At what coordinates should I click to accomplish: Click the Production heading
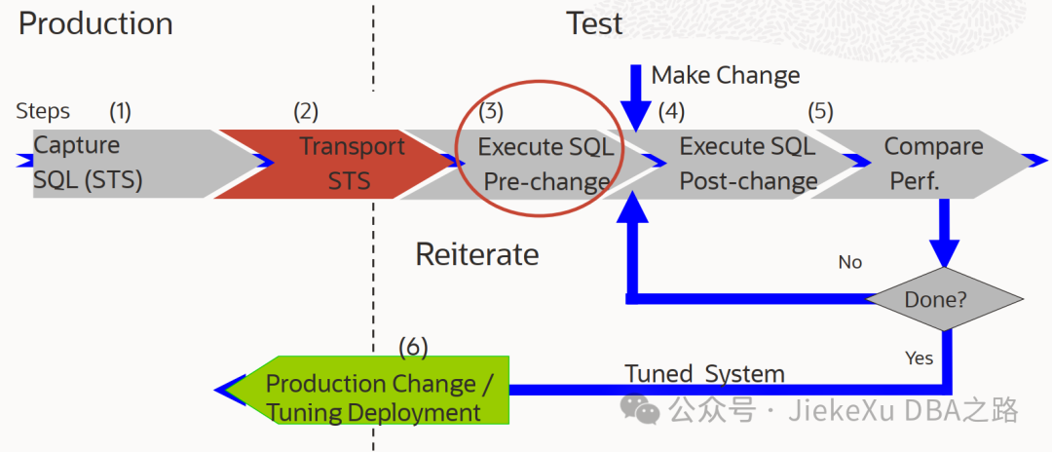(x=95, y=23)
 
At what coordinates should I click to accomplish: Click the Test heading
(x=594, y=23)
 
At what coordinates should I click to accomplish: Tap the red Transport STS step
(x=336, y=163)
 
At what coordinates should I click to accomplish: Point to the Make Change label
(x=726, y=75)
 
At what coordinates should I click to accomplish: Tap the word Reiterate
(x=476, y=254)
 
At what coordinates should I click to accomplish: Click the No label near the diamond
(x=850, y=262)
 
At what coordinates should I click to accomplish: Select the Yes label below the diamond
(x=919, y=358)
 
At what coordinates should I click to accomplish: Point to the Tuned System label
(x=704, y=374)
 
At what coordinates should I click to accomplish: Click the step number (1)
(x=120, y=111)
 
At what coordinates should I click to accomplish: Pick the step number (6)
(x=413, y=346)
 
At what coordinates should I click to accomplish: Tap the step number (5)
(x=820, y=111)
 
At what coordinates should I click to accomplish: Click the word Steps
(x=43, y=111)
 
